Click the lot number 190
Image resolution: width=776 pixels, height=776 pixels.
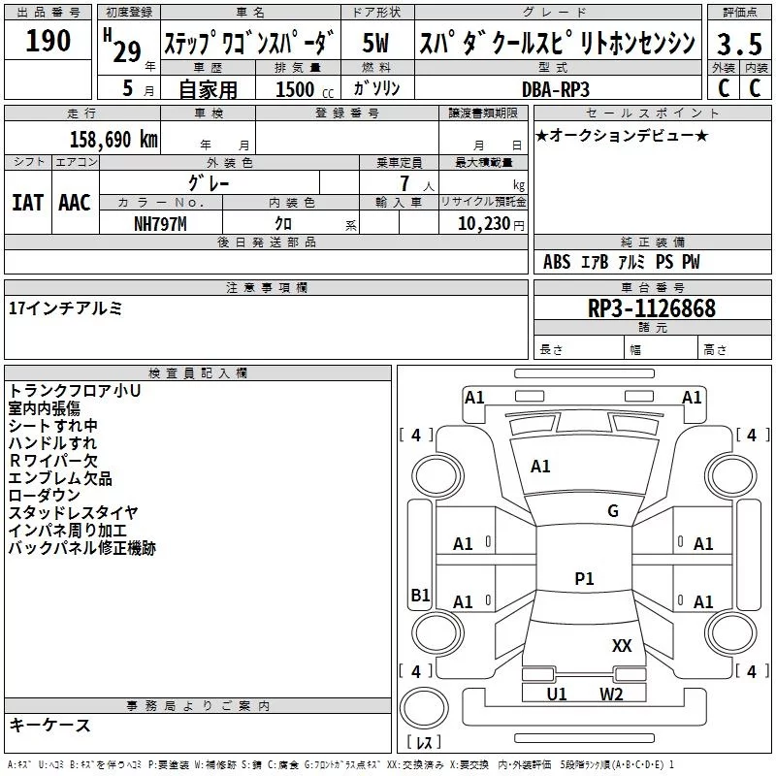[48, 42]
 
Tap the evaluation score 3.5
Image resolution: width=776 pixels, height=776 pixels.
[738, 45]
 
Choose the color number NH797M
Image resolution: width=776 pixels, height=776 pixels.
[159, 223]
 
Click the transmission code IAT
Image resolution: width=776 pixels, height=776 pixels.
[27, 202]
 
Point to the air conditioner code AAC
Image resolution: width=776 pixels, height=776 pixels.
[74, 202]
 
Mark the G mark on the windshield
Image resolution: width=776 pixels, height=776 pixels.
[613, 511]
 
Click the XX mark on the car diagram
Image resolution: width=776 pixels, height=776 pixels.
[622, 646]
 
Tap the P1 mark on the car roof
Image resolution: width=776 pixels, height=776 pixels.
[584, 579]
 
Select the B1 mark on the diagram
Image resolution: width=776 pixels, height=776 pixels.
[420, 596]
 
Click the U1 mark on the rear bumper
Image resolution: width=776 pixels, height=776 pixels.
[557, 694]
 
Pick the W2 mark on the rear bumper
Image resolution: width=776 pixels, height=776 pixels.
[610, 694]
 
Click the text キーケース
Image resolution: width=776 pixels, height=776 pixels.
[50, 726]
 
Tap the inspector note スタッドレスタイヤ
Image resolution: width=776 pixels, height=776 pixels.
[74, 513]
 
